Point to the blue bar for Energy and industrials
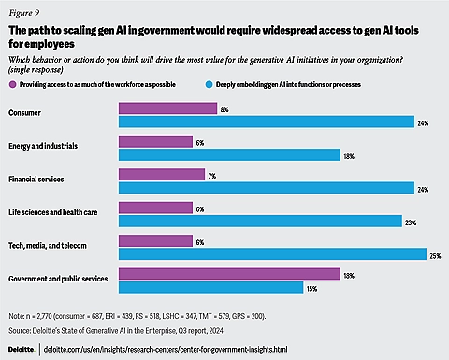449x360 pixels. [229, 154]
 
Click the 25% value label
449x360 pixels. [435, 254]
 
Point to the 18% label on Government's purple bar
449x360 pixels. [349, 274]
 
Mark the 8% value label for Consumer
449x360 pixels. [223, 109]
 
